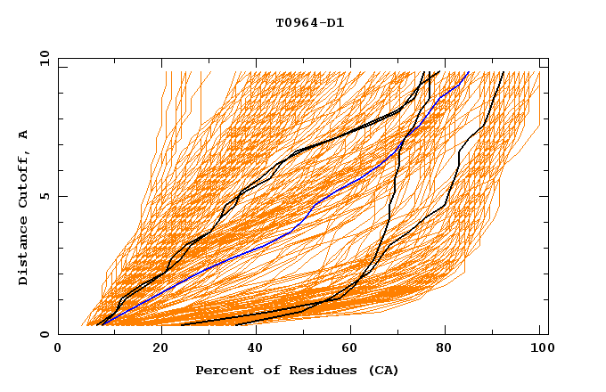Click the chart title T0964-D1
[310, 23]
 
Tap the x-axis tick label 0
[58, 349]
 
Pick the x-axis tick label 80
[443, 349]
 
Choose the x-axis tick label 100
[539, 349]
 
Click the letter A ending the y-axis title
[24, 135]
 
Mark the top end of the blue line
[469, 72]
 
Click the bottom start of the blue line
[101, 324]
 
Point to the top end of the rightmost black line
[504, 72]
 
